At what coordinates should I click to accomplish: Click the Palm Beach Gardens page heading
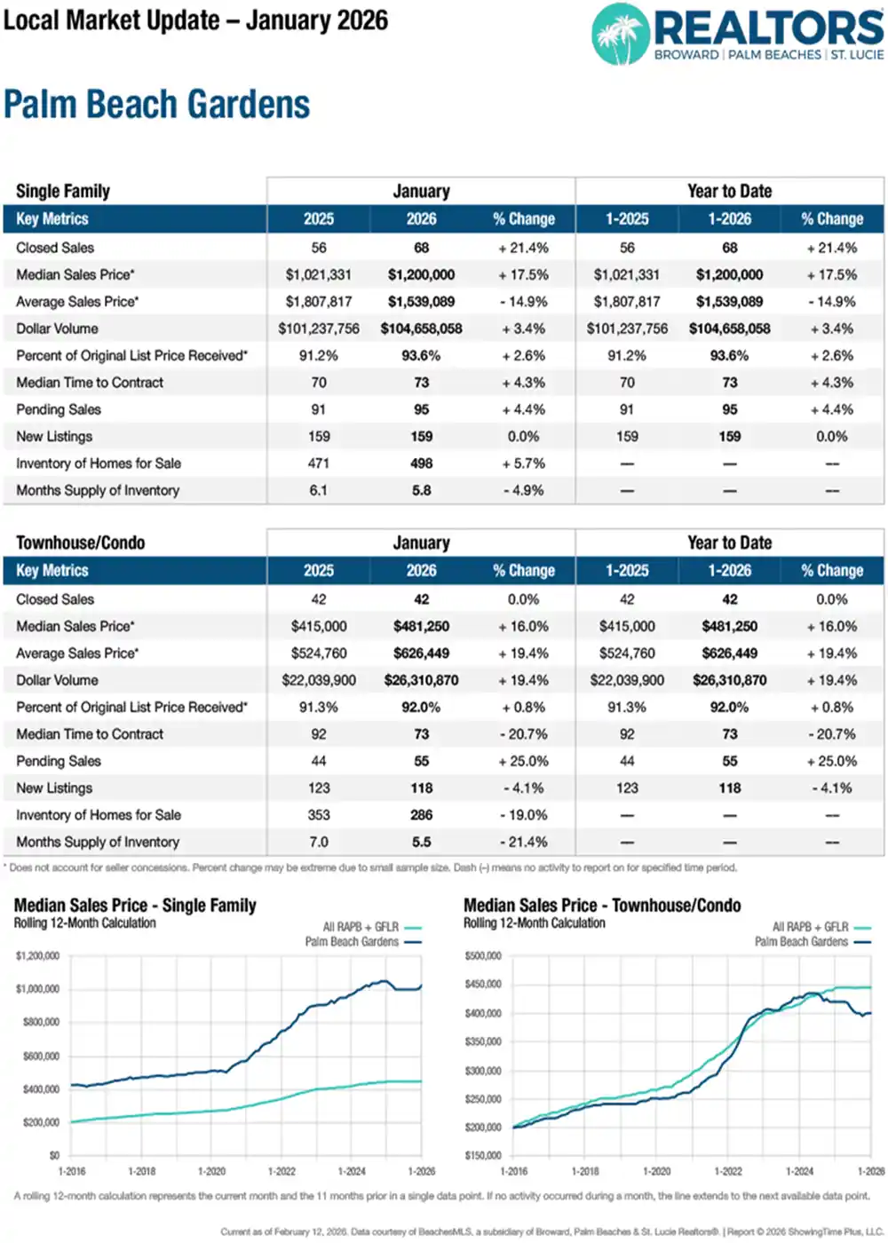click(x=157, y=105)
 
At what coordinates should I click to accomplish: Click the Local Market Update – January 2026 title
click(x=195, y=20)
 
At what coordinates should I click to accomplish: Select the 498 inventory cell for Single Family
click(x=421, y=463)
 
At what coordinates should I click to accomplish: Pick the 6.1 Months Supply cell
click(x=318, y=490)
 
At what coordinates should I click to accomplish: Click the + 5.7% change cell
click(x=523, y=463)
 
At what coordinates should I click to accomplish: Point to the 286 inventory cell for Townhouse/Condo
click(x=421, y=815)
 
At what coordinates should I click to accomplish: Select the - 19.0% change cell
click(x=523, y=815)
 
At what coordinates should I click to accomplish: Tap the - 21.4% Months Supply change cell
click(x=523, y=842)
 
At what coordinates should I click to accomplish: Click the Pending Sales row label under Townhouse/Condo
click(x=59, y=761)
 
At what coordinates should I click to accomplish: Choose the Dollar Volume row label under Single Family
click(x=57, y=329)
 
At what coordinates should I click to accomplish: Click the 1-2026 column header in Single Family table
click(x=729, y=219)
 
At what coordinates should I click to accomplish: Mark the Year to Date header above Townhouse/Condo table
click(x=729, y=542)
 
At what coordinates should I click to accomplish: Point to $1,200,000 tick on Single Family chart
click(x=38, y=956)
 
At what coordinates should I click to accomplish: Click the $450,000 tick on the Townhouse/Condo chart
click(x=483, y=985)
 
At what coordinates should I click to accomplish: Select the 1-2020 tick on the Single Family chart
click(x=211, y=1171)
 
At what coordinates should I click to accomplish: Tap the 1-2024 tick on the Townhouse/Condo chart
click(x=799, y=1171)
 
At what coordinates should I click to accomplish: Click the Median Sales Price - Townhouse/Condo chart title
click(x=602, y=906)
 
